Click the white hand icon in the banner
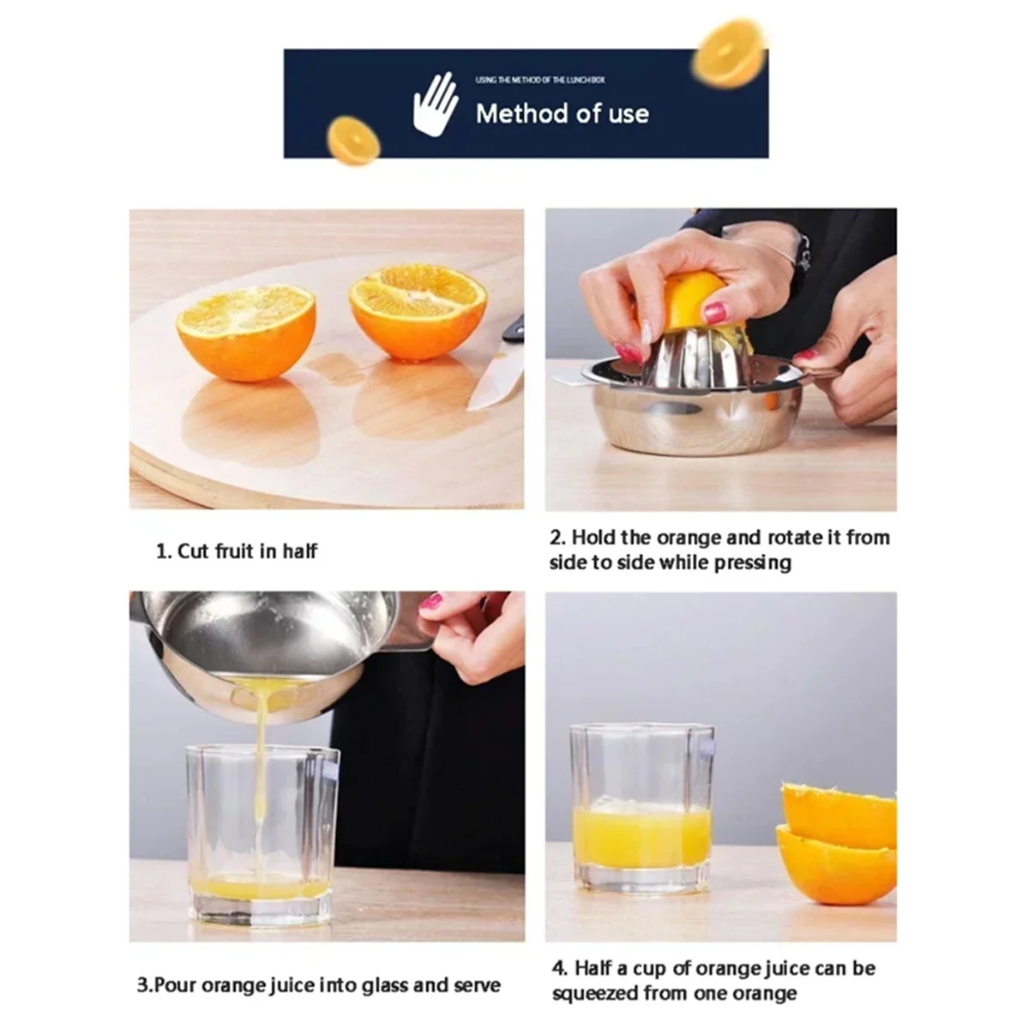[436, 104]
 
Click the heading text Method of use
[562, 113]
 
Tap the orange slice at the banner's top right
[730, 53]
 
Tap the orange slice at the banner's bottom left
[353, 141]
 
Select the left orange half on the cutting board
[246, 332]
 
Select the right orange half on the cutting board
[418, 310]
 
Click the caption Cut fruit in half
[237, 551]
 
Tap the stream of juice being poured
[260, 772]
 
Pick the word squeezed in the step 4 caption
[599, 994]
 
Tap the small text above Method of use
[540, 80]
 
